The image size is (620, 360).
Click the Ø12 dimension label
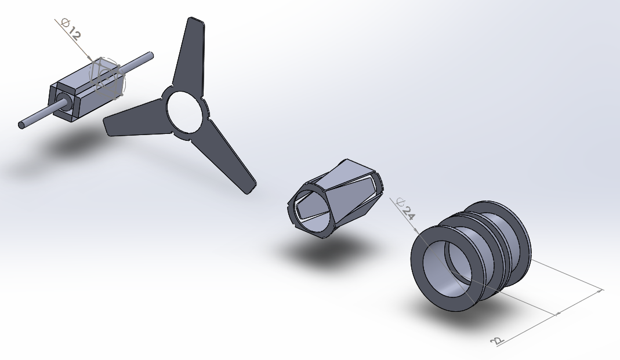71,30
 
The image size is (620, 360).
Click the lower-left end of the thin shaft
21,125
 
